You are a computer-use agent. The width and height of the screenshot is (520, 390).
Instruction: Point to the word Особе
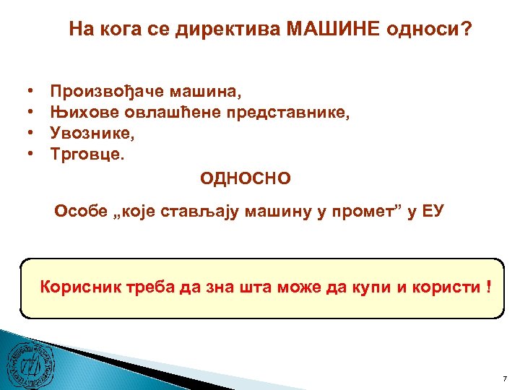(81, 211)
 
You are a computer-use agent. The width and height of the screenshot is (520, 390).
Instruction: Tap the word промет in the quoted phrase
(351, 211)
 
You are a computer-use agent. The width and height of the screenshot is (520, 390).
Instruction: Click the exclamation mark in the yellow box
(490, 287)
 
